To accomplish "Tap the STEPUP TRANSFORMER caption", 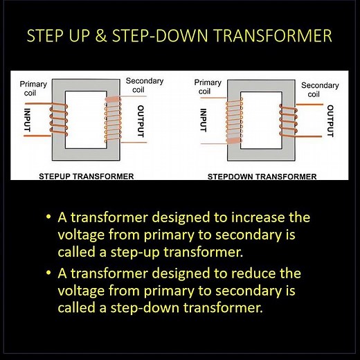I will pyautogui.click(x=87, y=177).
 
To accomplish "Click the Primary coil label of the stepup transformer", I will pyautogui.click(x=33, y=87).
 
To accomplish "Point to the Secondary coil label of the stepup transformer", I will pyautogui.click(x=143, y=84).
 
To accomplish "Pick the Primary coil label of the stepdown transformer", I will pyautogui.click(x=207, y=87).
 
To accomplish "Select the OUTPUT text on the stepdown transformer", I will pyautogui.click(x=330, y=120).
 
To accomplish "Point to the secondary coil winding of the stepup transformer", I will pyautogui.click(x=111, y=123).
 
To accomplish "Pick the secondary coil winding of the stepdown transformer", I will pyautogui.click(x=286, y=120).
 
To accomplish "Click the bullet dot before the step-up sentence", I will pyautogui.click(x=48, y=218).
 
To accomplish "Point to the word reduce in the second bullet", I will pyautogui.click(x=260, y=273).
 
